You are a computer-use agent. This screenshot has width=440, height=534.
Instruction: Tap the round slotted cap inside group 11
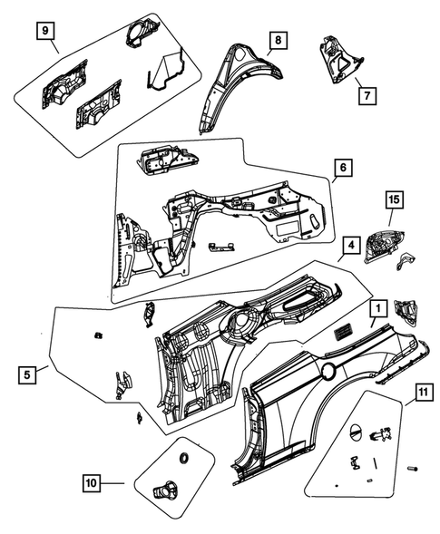pos(355,430)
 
